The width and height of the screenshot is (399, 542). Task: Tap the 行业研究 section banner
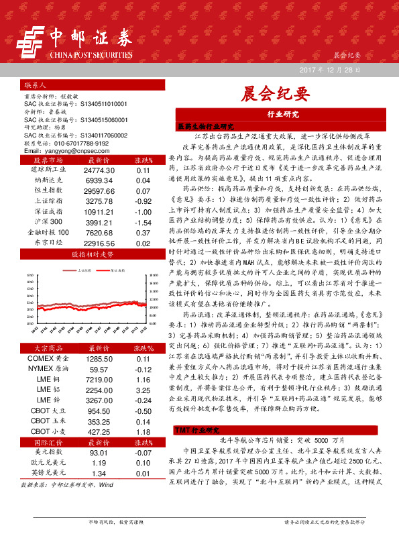[282, 114]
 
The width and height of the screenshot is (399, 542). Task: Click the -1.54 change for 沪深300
[142, 221]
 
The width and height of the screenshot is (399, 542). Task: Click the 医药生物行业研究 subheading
[205, 126]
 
